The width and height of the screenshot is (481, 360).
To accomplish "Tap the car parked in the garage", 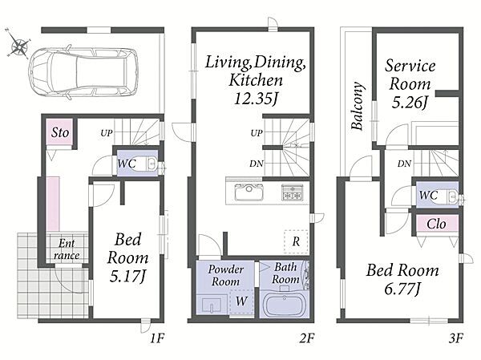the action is coord(83,74).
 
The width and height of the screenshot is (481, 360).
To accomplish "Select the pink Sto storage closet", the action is coord(59,131).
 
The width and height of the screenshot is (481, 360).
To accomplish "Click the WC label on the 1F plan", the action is coord(127,163).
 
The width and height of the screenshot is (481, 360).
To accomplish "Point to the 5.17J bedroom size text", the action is coord(127,276).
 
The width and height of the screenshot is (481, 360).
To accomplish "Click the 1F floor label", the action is coord(157,338).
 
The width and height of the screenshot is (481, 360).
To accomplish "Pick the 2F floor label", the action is coord(306,338).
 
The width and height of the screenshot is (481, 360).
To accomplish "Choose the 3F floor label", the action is coord(455,338).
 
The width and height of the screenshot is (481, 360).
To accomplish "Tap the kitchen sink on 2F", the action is coord(249,192).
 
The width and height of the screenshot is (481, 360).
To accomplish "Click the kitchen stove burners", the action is coord(293,192).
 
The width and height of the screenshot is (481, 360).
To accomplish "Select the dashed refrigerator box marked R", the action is coord(296,241).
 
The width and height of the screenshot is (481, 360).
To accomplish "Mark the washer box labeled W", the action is coord(241,301).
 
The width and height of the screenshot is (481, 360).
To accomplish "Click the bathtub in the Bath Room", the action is coord(284,305).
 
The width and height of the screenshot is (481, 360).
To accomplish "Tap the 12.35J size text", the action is coord(257,99).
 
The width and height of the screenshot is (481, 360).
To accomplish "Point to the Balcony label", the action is coord(358,106).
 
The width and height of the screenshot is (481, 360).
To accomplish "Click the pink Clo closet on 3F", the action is coord(437,224).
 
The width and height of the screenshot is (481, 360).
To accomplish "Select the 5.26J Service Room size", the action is coord(410,102).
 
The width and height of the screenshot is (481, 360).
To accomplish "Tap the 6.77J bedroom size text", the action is coord(402,289).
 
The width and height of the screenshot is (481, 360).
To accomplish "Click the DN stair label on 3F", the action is coord(404,164).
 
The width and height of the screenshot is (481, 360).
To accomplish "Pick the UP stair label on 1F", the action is coord(107,133).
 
